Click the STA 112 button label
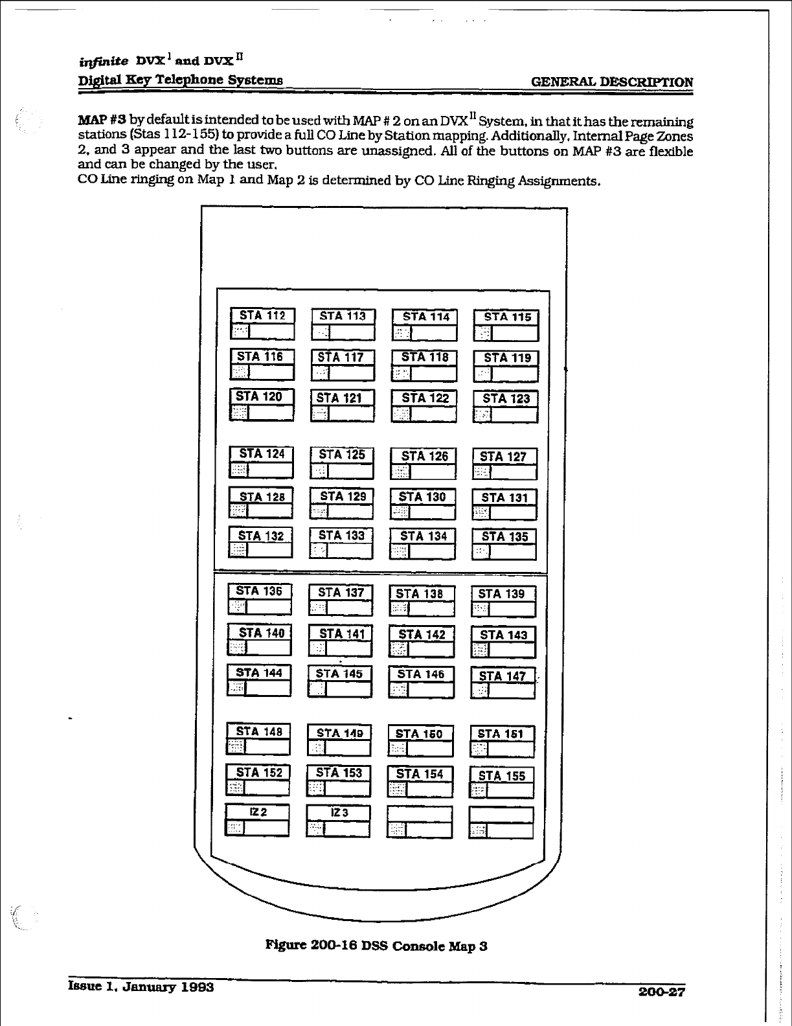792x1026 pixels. tap(263, 315)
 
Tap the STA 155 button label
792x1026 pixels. tap(502, 775)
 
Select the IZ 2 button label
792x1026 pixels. tap(258, 812)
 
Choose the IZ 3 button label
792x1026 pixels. tap(339, 812)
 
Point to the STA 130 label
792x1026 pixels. tap(422, 497)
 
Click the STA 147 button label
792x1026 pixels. tap(503, 676)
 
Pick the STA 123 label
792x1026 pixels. tap(506, 398)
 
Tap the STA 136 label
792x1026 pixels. tap(259, 591)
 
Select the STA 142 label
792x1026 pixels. tap(422, 634)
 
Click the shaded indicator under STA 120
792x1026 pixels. tap(240, 413)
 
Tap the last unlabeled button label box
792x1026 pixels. tap(501, 814)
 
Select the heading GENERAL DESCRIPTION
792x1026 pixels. tap(611, 82)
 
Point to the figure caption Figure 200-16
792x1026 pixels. tap(376, 946)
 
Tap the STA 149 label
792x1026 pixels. tap(339, 733)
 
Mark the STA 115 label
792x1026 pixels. tap(506, 317)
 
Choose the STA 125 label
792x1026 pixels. tap(342, 455)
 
